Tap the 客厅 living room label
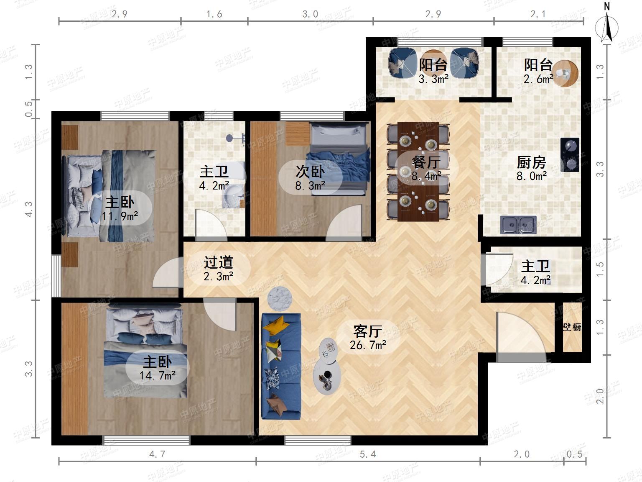pos(368,331)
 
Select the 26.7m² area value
pos(368,345)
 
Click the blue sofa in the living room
pos(281,366)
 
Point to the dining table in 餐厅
pos(418,172)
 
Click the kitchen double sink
pos(518,225)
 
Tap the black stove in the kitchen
pos(570,154)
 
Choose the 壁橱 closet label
pos(572,327)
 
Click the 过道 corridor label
pos(218,262)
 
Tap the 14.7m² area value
pos(157,375)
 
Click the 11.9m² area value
pos(120,216)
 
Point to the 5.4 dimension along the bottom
pos(368,454)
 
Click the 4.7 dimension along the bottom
pos(157,454)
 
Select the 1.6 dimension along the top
pos(214,14)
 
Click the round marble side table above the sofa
pos(280,298)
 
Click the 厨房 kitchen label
pos(531,162)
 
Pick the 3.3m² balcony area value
pos(433,79)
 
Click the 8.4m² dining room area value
pos(426,176)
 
